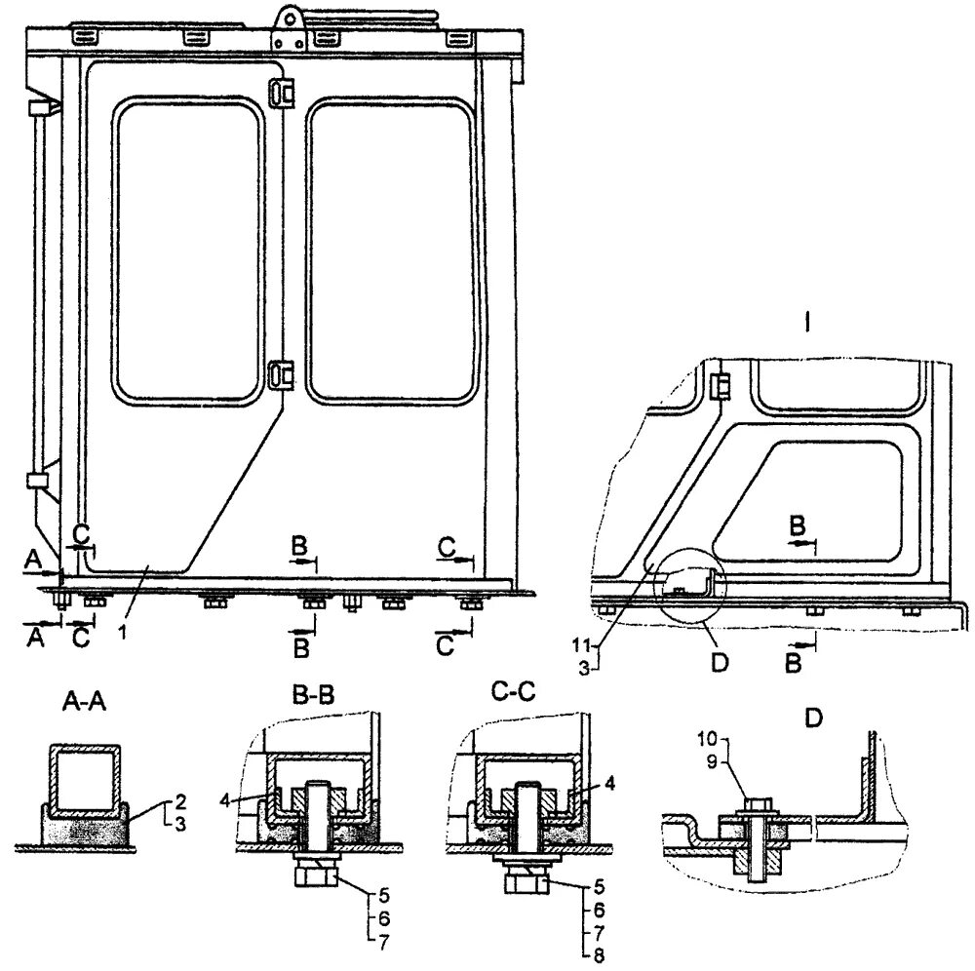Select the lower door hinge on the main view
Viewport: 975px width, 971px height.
[280, 374]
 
